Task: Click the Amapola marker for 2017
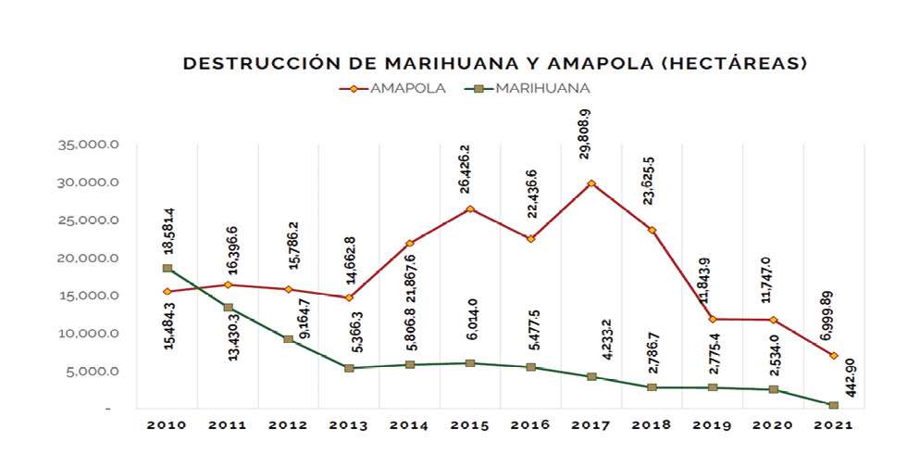[x=591, y=183]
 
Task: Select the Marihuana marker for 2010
[x=167, y=269]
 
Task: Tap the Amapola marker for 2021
[x=834, y=356]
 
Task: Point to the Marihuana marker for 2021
[x=834, y=405]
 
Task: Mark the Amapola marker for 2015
[x=470, y=209]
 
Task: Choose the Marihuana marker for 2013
[x=349, y=368]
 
